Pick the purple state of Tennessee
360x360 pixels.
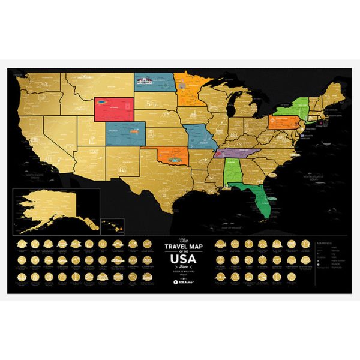[236, 154]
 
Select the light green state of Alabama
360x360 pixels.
[233, 173]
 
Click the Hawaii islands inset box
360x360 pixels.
[113, 226]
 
